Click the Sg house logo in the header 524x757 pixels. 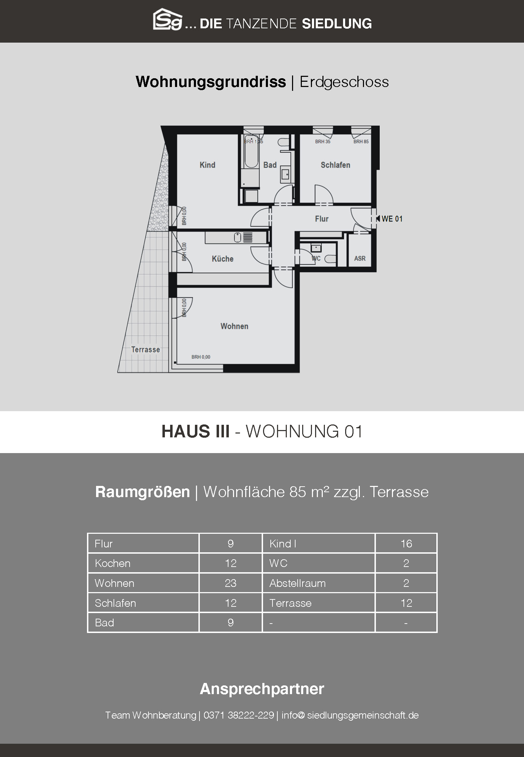[168, 20]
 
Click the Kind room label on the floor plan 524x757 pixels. [207, 165]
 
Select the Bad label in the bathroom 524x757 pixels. [270, 165]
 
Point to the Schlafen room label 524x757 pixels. [335, 165]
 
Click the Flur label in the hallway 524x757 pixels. [322, 219]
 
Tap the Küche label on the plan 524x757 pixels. [223, 259]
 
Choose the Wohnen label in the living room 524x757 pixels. [234, 326]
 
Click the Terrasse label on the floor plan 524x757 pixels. [145, 349]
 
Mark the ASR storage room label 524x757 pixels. [360, 259]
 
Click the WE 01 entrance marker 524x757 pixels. [390, 219]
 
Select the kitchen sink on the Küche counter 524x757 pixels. [238, 238]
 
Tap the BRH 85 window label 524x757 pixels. [361, 141]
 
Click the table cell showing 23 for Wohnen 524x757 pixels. [231, 583]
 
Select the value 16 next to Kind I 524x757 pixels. [406, 544]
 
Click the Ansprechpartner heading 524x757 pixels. [262, 689]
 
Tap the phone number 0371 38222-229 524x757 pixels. [239, 715]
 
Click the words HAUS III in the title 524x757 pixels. [196, 431]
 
